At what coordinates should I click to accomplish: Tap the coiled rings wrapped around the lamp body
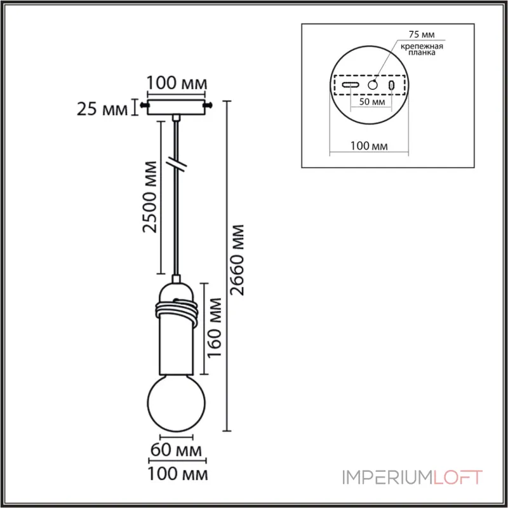(x=177, y=311)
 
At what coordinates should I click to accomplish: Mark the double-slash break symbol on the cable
(x=177, y=164)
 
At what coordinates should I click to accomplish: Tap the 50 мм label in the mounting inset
(x=371, y=102)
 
